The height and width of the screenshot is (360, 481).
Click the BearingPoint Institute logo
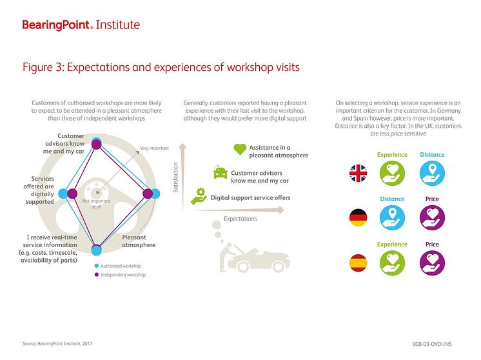coord(81,25)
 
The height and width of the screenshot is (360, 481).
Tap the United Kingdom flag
coord(359,173)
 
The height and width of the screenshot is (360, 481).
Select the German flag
coord(359,217)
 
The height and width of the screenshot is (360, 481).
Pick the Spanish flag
coord(359,262)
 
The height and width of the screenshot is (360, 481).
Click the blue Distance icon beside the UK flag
coord(432,173)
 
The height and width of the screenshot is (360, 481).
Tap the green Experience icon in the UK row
coord(392,173)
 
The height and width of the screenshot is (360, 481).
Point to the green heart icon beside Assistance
coord(240,150)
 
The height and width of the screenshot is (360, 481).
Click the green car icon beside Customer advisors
coord(220,174)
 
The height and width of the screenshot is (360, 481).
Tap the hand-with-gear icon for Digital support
coord(199,195)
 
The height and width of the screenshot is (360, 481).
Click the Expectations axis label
coord(240,219)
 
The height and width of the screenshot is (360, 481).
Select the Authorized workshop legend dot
coord(96,265)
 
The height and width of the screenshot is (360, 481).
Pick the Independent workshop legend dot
coord(96,275)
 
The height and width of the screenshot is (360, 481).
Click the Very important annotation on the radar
coord(154,148)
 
